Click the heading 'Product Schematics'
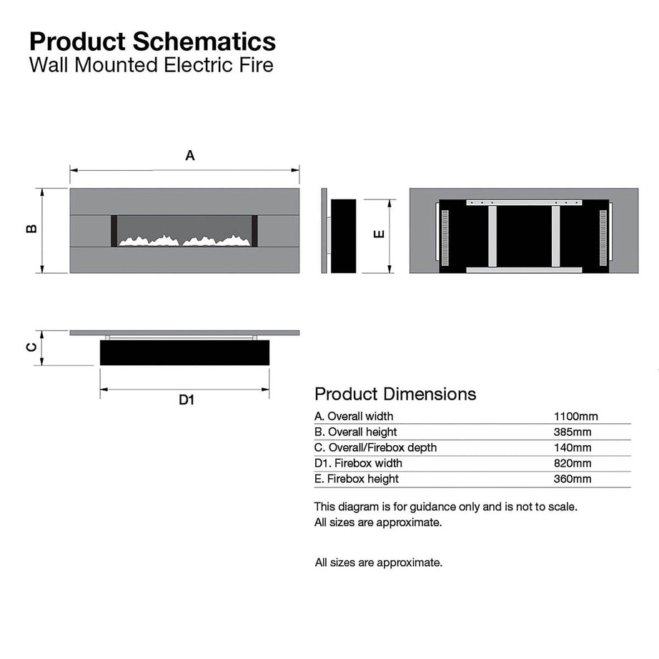tap(152, 41)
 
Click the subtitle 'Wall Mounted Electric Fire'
tap(151, 66)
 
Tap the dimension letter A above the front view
tap(190, 155)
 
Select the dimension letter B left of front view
tap(31, 229)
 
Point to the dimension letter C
tap(31, 347)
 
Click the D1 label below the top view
tap(187, 400)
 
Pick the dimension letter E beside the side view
tap(380, 234)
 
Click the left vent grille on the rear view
tap(445, 235)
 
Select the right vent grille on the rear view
tap(603, 235)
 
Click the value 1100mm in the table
tap(575, 416)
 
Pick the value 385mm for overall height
tap(573, 432)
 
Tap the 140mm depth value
tap(573, 447)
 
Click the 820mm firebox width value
tap(573, 463)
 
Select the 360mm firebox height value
tap(573, 479)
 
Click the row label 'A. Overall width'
tap(354, 416)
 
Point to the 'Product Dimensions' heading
tap(395, 393)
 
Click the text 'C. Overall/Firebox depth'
tap(375, 447)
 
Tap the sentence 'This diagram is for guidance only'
tap(445, 506)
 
